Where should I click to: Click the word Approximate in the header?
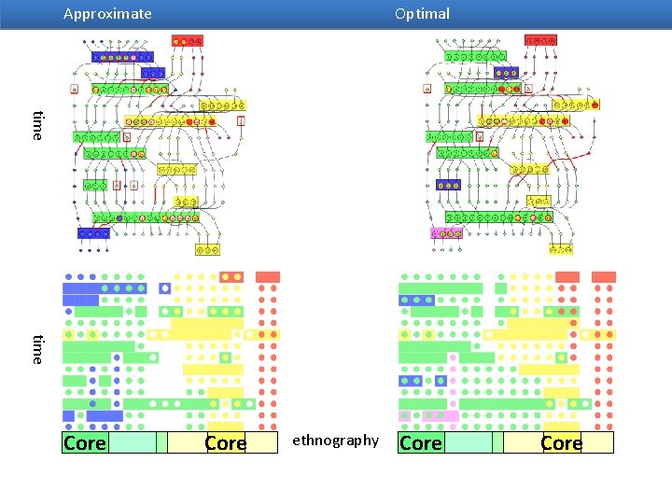point(107,14)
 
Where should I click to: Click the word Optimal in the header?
point(422,14)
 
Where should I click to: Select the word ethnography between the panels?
point(336,440)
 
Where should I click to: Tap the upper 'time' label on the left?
point(37,125)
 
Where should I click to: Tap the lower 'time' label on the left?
point(37,348)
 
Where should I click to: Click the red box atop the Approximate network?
point(187,41)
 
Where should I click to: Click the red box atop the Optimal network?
point(541,41)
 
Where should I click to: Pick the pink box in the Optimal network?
point(446,233)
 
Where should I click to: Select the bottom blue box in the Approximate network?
point(93,233)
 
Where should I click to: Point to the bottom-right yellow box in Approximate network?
point(207,249)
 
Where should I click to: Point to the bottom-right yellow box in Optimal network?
point(560,249)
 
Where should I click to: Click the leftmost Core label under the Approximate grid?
point(84,443)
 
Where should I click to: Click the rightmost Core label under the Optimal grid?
point(561,443)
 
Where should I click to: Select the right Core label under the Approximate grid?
point(225,443)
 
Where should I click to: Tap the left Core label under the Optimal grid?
point(420,443)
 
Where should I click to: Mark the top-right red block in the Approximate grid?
point(268,277)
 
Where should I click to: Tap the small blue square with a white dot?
point(165,288)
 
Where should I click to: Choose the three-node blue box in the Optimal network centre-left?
point(449,185)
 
